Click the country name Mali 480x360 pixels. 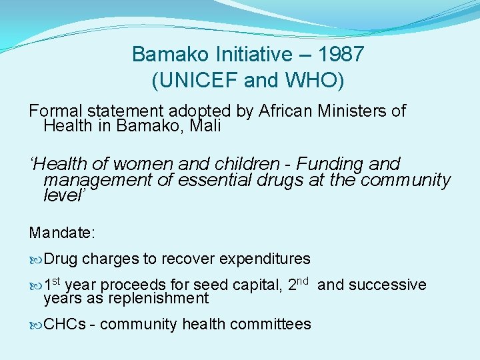204,125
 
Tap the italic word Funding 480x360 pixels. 327,163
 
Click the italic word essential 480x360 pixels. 215,179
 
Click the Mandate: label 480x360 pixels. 63,233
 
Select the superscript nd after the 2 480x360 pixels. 302,281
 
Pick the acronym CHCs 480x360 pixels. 65,324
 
